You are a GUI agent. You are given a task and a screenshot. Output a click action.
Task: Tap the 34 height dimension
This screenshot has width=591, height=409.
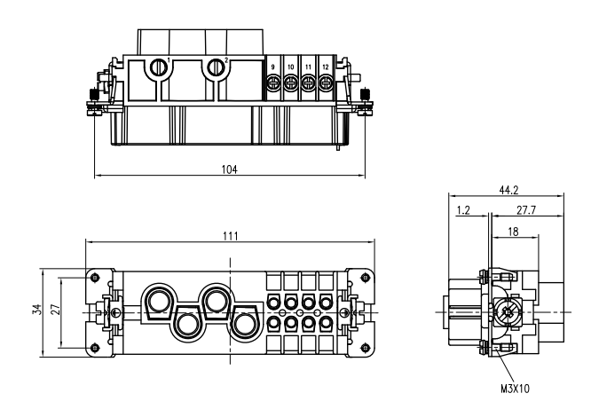(x=36, y=310)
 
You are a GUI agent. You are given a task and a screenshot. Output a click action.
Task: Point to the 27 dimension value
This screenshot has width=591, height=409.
(x=55, y=310)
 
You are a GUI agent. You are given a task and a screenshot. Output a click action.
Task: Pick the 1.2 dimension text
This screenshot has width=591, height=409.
(x=462, y=211)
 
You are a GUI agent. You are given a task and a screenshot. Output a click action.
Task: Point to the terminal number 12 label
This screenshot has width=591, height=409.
(x=327, y=68)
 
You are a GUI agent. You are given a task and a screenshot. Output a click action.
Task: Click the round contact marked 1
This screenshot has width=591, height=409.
(x=160, y=67)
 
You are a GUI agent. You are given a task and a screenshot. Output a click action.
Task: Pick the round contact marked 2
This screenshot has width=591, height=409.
(x=216, y=67)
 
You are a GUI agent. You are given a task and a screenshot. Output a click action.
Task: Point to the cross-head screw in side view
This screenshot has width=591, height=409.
(x=508, y=312)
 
